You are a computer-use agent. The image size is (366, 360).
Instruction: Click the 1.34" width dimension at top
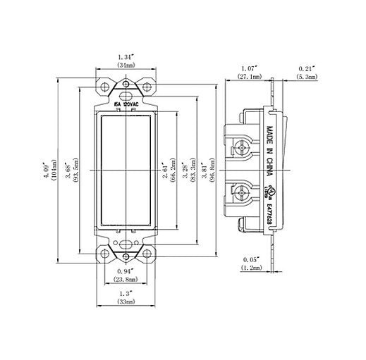126,55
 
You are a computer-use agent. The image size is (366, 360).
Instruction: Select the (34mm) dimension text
126,64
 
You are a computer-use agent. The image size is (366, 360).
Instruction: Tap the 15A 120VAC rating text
126,104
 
